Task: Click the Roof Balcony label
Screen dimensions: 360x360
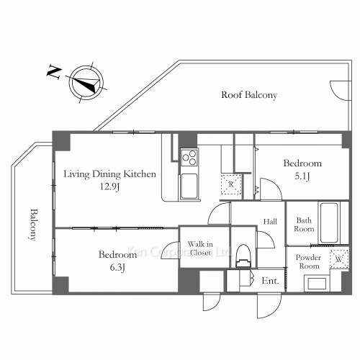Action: [249, 95]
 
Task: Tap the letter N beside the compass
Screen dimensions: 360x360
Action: [54, 71]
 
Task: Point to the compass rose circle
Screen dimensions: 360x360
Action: [86, 82]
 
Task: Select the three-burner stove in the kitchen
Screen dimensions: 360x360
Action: [189, 157]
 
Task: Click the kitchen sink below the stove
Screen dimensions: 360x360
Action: [189, 186]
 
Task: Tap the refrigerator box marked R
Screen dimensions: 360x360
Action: [231, 184]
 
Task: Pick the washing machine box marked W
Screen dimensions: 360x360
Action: [339, 259]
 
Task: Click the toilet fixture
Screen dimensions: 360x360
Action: [243, 256]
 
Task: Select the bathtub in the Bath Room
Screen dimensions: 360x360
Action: [329, 223]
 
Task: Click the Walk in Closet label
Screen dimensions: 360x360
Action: [200, 248]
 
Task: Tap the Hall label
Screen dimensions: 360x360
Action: [270, 222]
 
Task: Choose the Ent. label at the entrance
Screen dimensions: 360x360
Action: [270, 281]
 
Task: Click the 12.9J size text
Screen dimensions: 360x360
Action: [109, 186]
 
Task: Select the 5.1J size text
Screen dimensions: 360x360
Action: [302, 176]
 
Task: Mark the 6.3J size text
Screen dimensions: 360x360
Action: [117, 267]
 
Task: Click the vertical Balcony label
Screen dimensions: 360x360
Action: [34, 225]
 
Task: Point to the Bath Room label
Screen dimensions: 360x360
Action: [304, 225]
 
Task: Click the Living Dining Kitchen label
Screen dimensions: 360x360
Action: [109, 174]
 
